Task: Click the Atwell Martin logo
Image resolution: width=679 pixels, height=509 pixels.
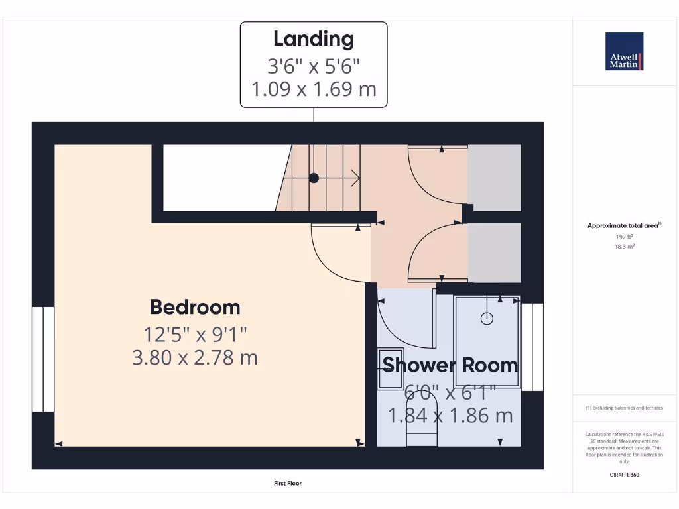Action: [x=624, y=51]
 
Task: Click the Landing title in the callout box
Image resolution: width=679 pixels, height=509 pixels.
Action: [x=314, y=38]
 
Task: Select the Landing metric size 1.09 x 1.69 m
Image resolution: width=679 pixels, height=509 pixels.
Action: [x=314, y=89]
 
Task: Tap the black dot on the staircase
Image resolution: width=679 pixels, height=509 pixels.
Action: [x=314, y=178]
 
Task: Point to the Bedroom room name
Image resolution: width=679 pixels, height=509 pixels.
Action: [x=195, y=307]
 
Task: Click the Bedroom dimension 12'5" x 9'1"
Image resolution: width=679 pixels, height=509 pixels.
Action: [x=195, y=333]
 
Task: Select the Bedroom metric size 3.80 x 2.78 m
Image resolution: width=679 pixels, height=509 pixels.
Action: [x=195, y=358]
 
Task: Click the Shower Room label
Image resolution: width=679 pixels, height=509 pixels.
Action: [x=450, y=365]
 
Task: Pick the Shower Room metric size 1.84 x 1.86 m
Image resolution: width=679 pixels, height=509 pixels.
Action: [x=450, y=416]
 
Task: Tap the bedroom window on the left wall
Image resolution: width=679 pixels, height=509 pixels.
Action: [x=44, y=358]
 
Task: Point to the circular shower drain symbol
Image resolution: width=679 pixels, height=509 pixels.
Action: [x=487, y=319]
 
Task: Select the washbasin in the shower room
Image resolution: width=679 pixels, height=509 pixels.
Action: [x=390, y=368]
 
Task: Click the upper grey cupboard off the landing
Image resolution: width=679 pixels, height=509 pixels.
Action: [x=494, y=178]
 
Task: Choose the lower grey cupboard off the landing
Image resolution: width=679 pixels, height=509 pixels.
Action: [x=494, y=252]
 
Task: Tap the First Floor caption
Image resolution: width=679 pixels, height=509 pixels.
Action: [x=288, y=484]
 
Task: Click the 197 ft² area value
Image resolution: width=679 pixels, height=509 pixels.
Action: [x=624, y=236]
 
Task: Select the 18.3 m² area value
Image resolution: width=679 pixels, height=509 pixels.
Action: [x=624, y=246]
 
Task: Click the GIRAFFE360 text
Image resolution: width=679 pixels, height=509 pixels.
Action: [x=624, y=475]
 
